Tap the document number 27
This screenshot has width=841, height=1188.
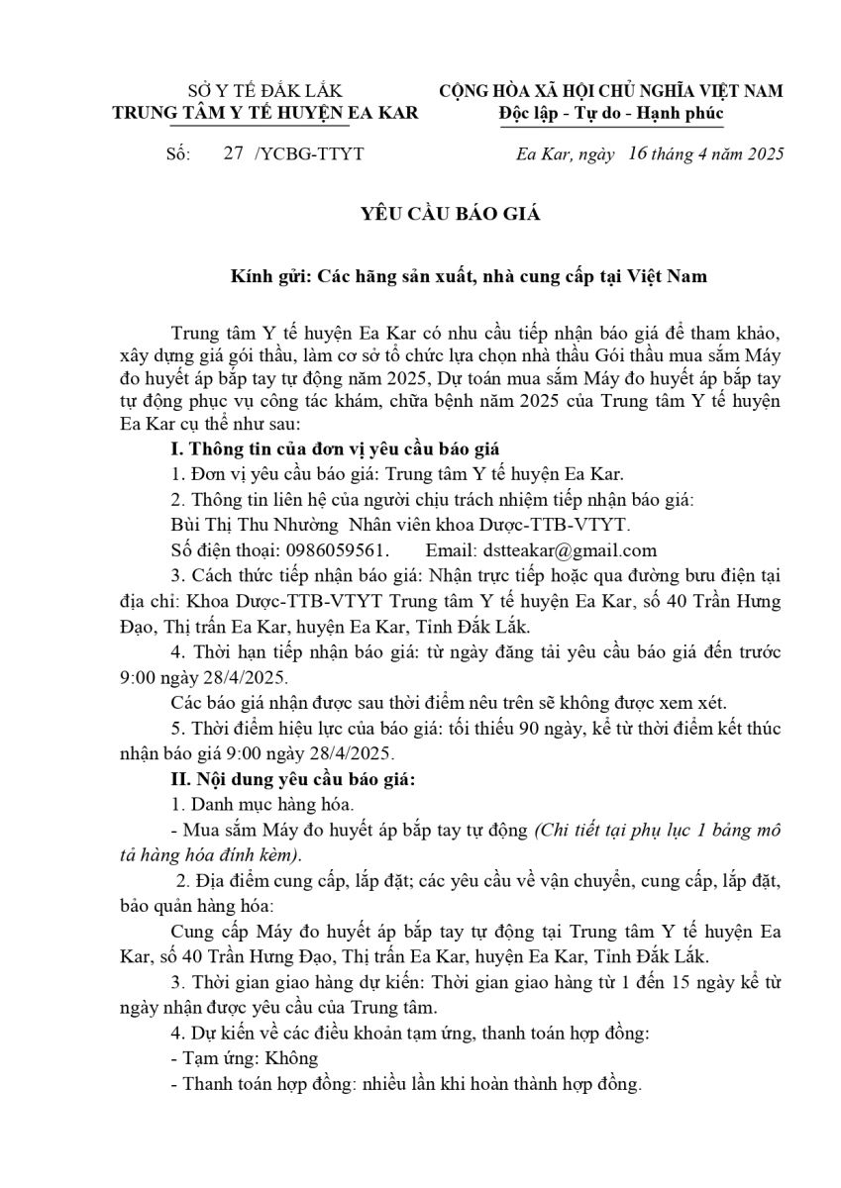tap(234, 153)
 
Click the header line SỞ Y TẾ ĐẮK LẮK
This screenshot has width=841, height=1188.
tap(264, 91)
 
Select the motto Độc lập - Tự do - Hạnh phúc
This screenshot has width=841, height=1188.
tap(611, 113)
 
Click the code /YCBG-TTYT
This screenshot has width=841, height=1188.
tap(309, 153)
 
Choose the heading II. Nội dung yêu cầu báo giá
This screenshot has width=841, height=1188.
tap(293, 778)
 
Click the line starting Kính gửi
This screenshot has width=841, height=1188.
tap(464, 276)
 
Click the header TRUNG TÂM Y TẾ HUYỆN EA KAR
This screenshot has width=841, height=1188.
tap(264, 113)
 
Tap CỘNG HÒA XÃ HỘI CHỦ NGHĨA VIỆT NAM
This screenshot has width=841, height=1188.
tap(611, 91)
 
